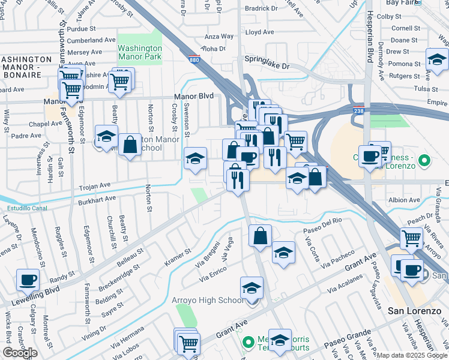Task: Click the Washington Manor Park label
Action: (139, 52)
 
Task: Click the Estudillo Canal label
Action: (27, 209)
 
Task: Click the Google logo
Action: (19, 353)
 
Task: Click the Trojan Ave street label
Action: (94, 185)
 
